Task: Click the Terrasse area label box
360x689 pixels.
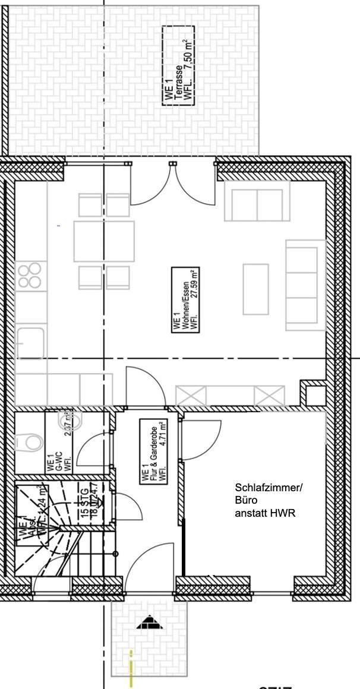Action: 178,65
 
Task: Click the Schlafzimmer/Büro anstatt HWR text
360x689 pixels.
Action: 268,500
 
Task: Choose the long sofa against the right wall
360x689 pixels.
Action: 305,285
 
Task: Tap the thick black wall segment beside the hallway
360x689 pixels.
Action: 184,546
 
